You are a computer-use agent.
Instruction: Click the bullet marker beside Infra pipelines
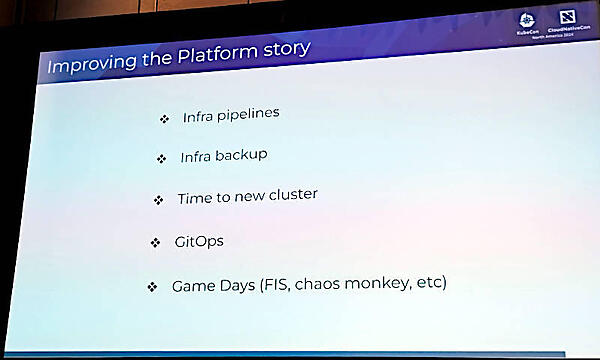[x=165, y=119]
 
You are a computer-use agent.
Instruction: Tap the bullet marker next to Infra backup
[x=161, y=159]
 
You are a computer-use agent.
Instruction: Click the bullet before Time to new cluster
[x=158, y=200]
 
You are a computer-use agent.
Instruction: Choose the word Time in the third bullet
[x=194, y=198]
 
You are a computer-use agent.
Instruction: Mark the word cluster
[x=293, y=194]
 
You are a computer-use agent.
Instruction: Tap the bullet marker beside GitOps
[x=155, y=243]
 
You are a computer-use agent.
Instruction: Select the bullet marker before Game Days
[x=152, y=288]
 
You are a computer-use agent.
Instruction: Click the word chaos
[x=324, y=284]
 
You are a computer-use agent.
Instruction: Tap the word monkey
[x=382, y=284]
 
